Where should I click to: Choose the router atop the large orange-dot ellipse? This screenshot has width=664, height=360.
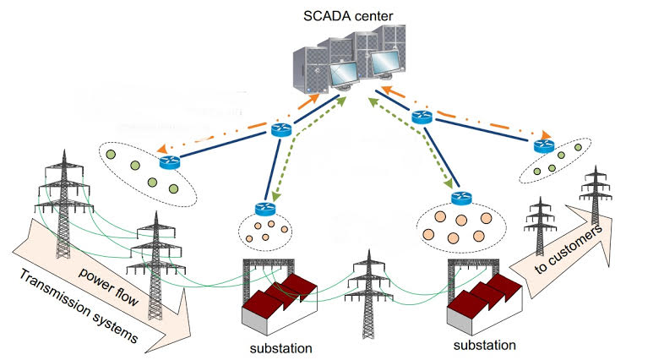click(x=461, y=199)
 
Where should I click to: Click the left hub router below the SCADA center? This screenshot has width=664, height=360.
click(x=281, y=129)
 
